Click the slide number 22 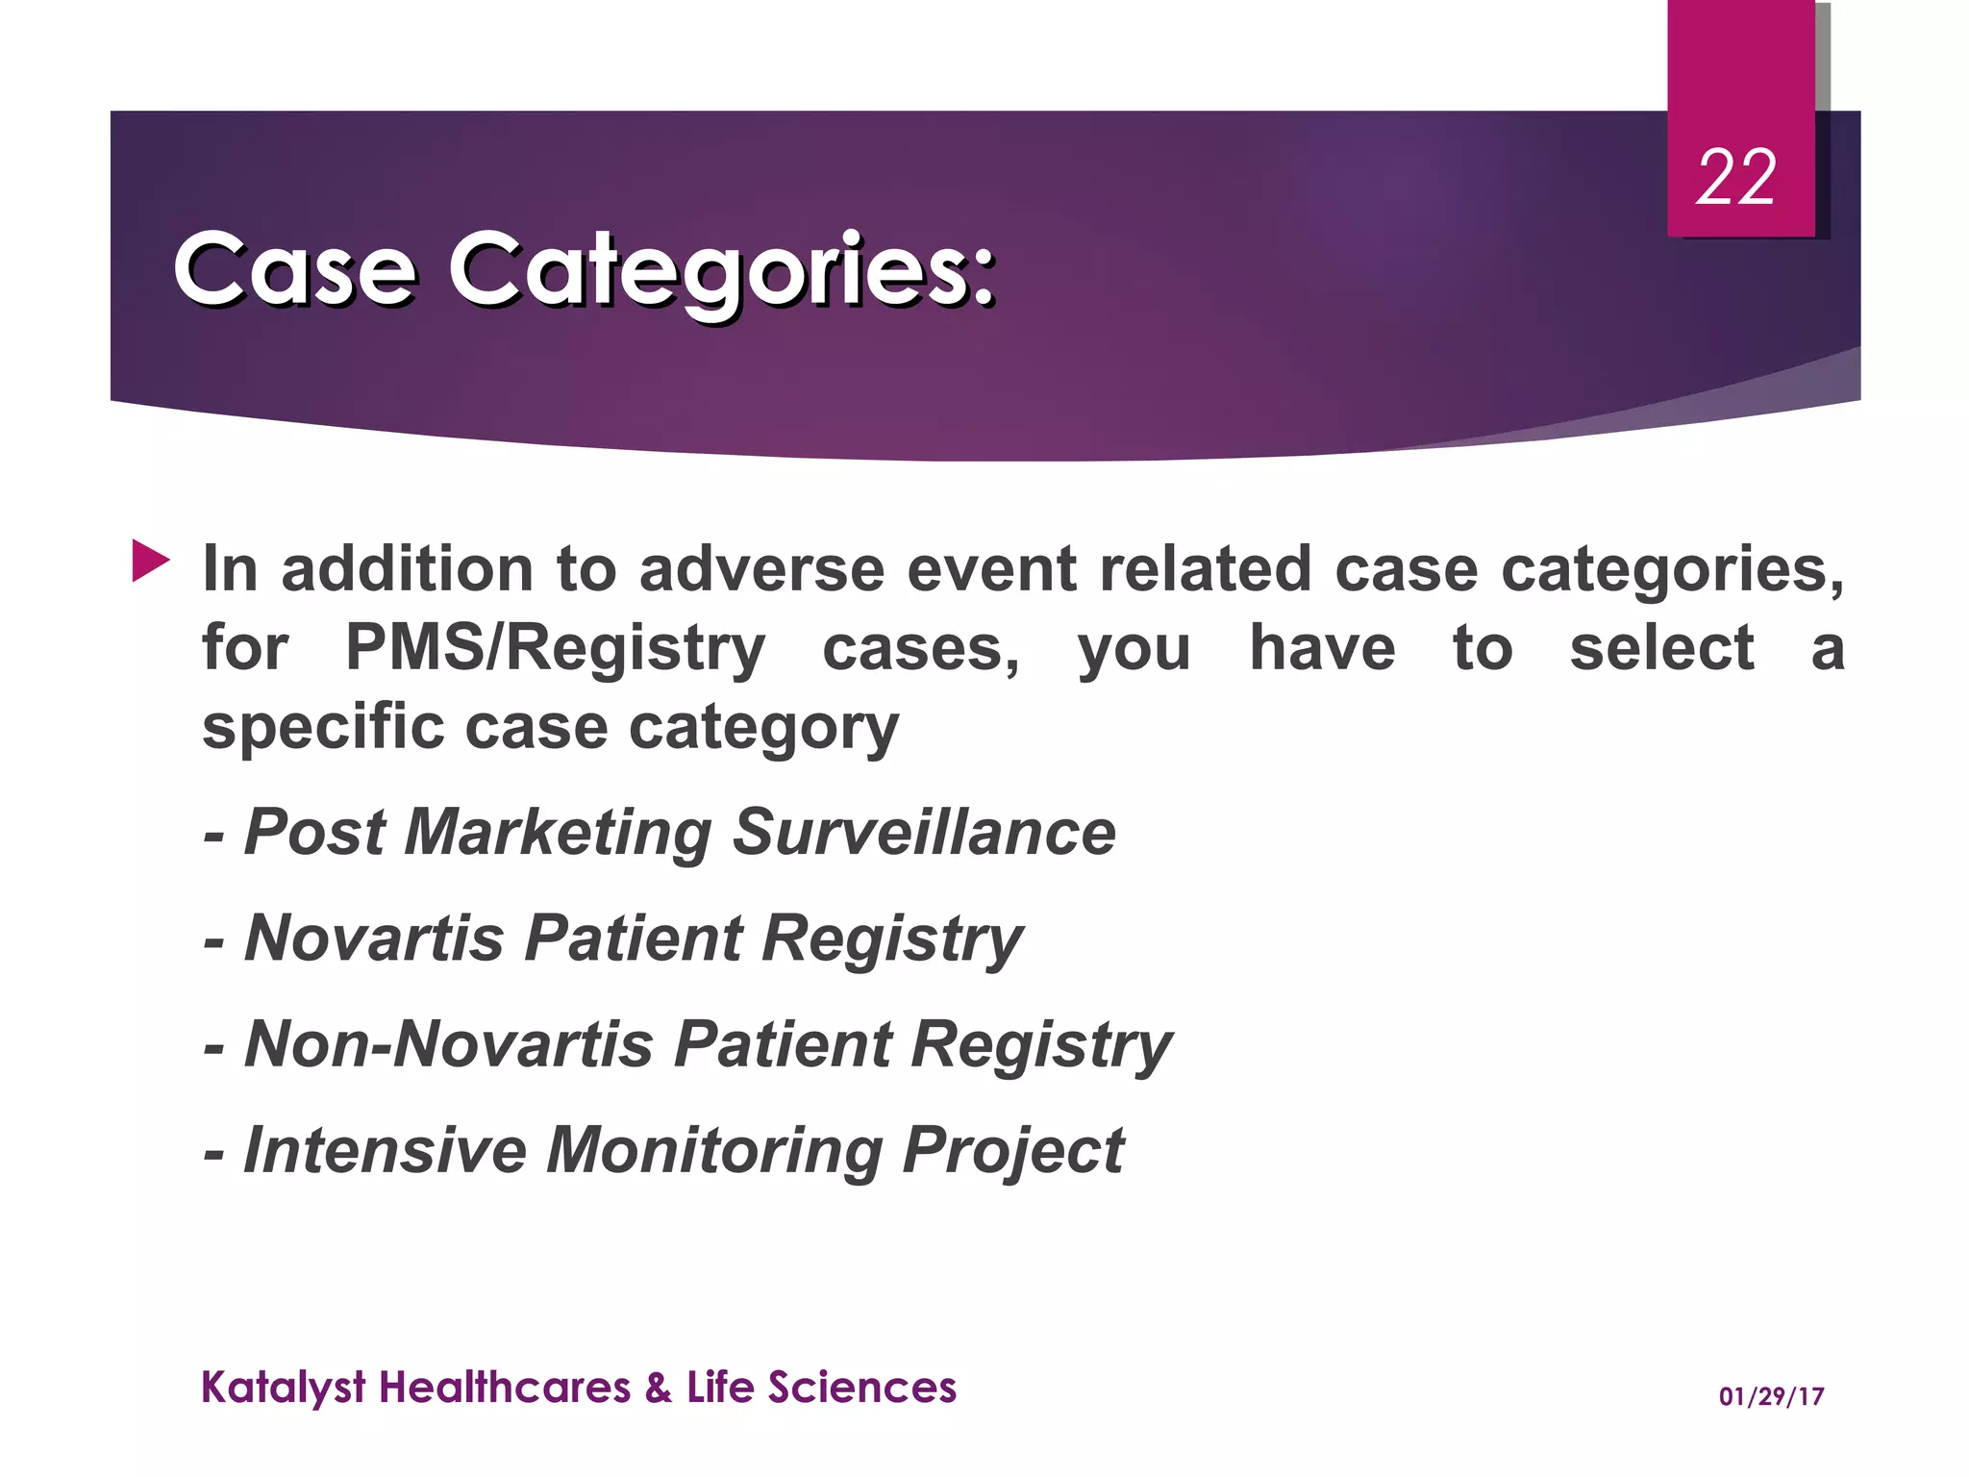1735,179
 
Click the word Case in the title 294,271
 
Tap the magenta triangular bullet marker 150,561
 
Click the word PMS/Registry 555,649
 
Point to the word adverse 760,569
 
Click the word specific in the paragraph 323,728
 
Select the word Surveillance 924,833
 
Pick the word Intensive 385,1151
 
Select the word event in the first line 991,569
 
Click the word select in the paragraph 1661,649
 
